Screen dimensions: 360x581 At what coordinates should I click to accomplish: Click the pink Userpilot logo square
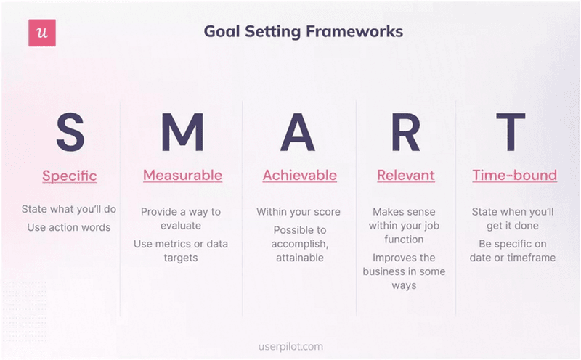pos(42,33)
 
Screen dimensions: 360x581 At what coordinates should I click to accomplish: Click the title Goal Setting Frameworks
pos(303,32)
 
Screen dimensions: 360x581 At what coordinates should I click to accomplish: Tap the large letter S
pos(70,132)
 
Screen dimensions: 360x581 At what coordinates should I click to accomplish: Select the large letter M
pos(182,132)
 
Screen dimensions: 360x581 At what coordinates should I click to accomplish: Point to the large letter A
pos(298,132)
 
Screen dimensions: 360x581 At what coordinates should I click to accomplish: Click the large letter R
pos(405,132)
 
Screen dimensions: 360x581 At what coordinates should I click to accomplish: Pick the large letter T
pos(514,132)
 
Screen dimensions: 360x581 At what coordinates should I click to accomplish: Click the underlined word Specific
pos(70,176)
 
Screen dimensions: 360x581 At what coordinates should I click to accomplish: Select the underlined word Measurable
pos(182,176)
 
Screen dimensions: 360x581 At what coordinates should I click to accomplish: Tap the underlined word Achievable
pos(299,176)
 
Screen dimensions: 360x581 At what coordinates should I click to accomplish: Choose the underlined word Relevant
pos(405,176)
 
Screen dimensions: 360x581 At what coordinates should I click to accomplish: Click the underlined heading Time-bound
pos(514,176)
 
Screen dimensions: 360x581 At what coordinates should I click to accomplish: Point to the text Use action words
pos(69,227)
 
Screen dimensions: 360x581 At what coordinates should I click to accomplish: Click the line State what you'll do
pos(69,210)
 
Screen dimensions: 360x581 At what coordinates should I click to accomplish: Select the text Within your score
pos(298,212)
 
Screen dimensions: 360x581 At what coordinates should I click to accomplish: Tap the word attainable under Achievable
pos(299,257)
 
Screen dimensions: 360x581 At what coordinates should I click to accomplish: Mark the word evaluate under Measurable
pos(180,226)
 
